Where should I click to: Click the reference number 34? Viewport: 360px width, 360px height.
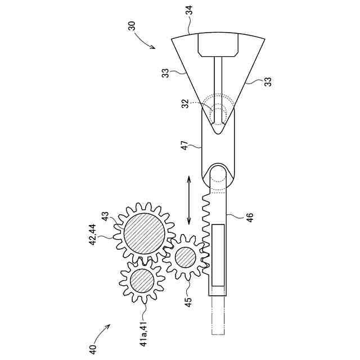click(190, 10)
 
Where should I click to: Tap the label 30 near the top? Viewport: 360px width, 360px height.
click(132, 26)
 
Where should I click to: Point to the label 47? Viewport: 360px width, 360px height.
click(185, 146)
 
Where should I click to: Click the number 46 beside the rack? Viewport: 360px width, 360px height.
click(250, 218)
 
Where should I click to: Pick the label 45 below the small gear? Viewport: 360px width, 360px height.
click(188, 302)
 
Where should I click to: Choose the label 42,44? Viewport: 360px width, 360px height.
click(93, 235)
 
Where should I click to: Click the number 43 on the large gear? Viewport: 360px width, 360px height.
click(105, 216)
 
